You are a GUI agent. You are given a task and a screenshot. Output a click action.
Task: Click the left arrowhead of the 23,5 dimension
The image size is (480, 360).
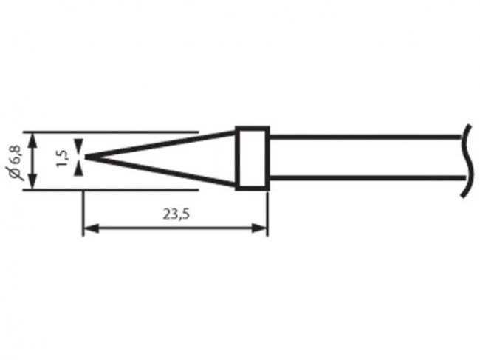pos(88,228)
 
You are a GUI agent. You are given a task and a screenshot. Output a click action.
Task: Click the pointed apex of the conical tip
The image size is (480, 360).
pos(87,157)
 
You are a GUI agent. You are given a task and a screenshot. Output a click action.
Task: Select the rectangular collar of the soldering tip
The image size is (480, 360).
pos(252,158)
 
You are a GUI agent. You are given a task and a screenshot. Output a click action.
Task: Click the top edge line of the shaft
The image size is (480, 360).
pos(362,136)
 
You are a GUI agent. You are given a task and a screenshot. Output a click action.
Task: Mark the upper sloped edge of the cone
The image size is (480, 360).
pos(162,146)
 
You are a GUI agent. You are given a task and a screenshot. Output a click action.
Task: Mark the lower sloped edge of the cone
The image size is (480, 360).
pos(162,170)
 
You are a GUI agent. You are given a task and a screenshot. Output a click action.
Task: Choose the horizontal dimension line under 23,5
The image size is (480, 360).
pos(133,228)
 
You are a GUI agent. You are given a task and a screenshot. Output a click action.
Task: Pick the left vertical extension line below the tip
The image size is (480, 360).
pos(82,211)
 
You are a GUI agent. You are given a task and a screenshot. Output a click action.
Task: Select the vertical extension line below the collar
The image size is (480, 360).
pos(267,211)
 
